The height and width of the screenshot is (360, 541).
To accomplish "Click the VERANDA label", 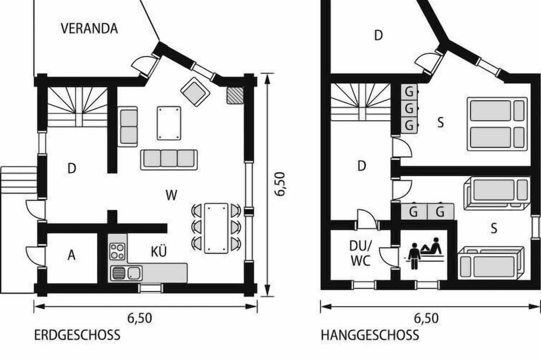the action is pos(89,28).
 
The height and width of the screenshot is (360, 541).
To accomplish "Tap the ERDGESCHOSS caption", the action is pos(77,335).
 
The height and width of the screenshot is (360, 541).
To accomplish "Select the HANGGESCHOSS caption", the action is pos(370,335).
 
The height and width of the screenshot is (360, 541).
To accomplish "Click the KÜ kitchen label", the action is pos(159,252).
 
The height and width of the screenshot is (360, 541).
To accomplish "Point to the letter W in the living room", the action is pos(171,196).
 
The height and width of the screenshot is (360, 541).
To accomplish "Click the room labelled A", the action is pos(71,255).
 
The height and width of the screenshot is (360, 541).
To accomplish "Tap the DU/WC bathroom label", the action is pos(361,253).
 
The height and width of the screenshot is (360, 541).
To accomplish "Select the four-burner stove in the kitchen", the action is pos(117,251).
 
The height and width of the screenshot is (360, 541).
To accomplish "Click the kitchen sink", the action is pos(127,274).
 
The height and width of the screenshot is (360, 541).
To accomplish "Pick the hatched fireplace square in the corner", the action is pos(235,95).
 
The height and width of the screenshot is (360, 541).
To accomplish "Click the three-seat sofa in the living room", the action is pos(169,159).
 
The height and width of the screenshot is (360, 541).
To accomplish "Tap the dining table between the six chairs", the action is pos(216,228).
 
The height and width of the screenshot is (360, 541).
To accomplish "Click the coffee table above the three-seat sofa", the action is pos(169,123).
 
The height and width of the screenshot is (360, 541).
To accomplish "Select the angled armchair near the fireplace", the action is pos(195,92).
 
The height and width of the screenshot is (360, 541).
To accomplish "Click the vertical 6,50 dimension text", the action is pos(280,184).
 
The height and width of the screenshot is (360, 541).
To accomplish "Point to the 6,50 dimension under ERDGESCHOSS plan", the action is pos(140,318).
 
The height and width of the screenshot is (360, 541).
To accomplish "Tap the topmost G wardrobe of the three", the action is pos(409,92).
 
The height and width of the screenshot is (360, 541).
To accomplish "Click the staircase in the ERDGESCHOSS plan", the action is pos(77,107).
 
